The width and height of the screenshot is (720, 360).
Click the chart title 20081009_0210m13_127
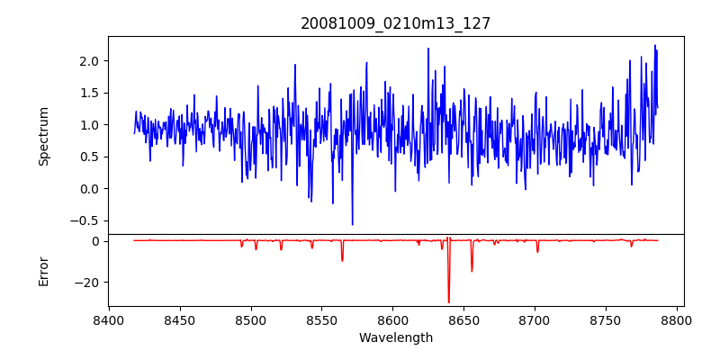[x=395, y=23]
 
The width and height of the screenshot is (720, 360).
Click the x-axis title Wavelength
[x=395, y=337]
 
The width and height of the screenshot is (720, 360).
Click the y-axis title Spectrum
[x=43, y=135]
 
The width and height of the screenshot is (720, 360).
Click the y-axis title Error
[x=43, y=270]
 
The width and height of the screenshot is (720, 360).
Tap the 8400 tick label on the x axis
[x=109, y=319]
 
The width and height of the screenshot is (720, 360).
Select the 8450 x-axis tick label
[x=180, y=319]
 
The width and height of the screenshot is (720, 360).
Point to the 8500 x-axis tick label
[x=251, y=319]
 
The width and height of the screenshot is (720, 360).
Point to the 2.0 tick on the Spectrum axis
[x=88, y=60]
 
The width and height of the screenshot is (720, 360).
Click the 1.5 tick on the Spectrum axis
[x=88, y=93]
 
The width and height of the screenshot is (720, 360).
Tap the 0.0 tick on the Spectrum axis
[x=88, y=189]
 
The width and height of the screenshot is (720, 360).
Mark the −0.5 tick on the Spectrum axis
[x=85, y=220]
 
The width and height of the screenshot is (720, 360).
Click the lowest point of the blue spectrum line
[x=352, y=225]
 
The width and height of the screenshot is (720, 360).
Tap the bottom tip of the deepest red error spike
[x=448, y=302]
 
